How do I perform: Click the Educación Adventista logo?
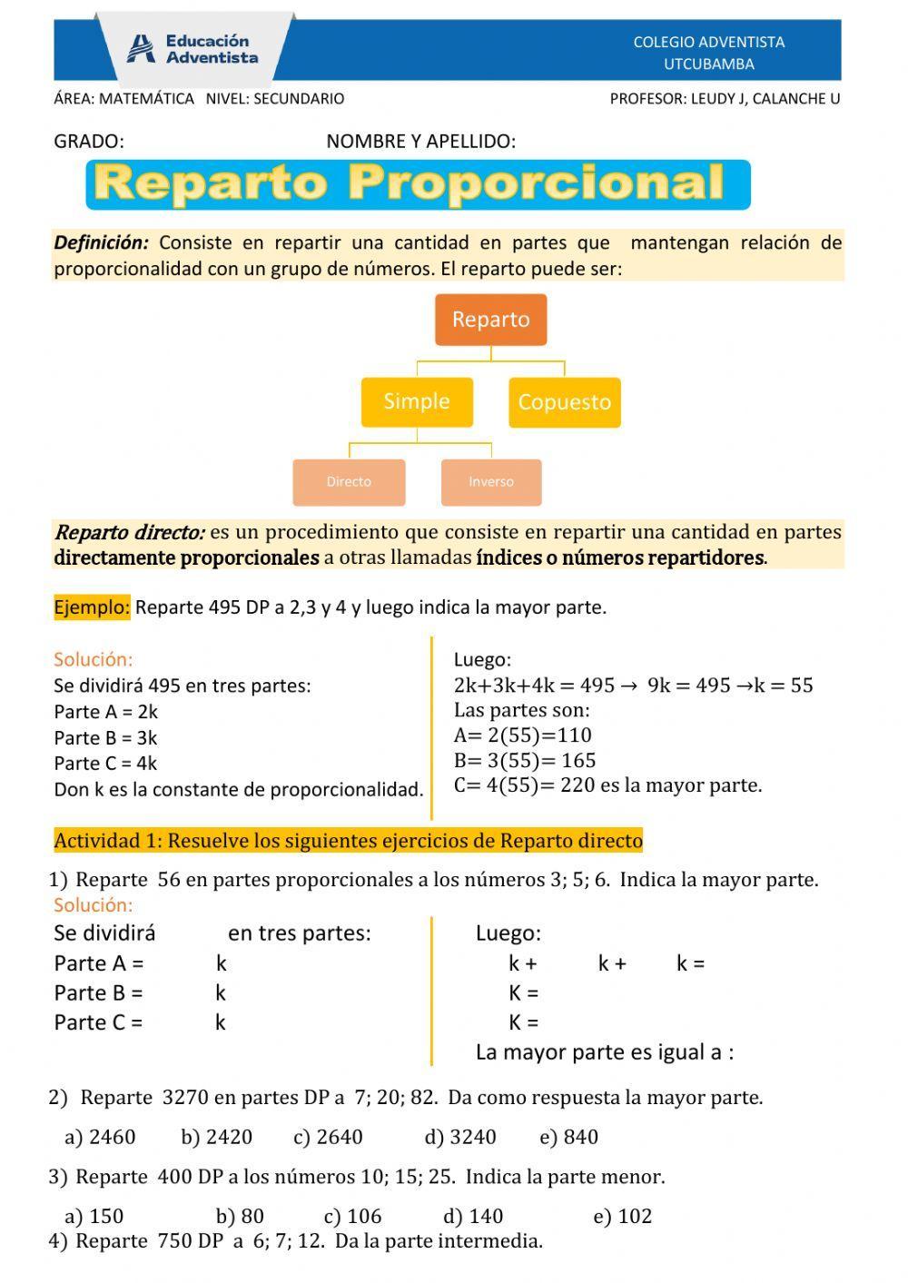(x=192, y=49)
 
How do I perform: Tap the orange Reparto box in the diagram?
(x=490, y=320)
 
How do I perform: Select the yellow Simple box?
(x=417, y=401)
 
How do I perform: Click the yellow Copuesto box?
(x=564, y=402)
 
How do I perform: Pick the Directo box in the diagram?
(x=349, y=482)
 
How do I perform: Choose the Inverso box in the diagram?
(x=491, y=482)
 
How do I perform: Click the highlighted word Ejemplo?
(x=92, y=607)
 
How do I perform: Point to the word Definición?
(x=101, y=242)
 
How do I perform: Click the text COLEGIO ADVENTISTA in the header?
(x=708, y=42)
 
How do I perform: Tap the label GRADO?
(x=89, y=142)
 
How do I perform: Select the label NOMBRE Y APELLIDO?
(x=420, y=142)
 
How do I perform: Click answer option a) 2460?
(x=100, y=1137)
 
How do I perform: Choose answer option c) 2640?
(x=328, y=1137)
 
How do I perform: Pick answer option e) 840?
(x=568, y=1137)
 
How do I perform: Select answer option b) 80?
(x=240, y=1216)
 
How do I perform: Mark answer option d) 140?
(x=473, y=1216)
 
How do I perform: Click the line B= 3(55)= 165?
(x=525, y=761)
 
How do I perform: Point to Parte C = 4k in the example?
(x=105, y=764)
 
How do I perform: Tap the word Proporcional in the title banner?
(x=536, y=183)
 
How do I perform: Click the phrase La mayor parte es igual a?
(x=604, y=1052)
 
